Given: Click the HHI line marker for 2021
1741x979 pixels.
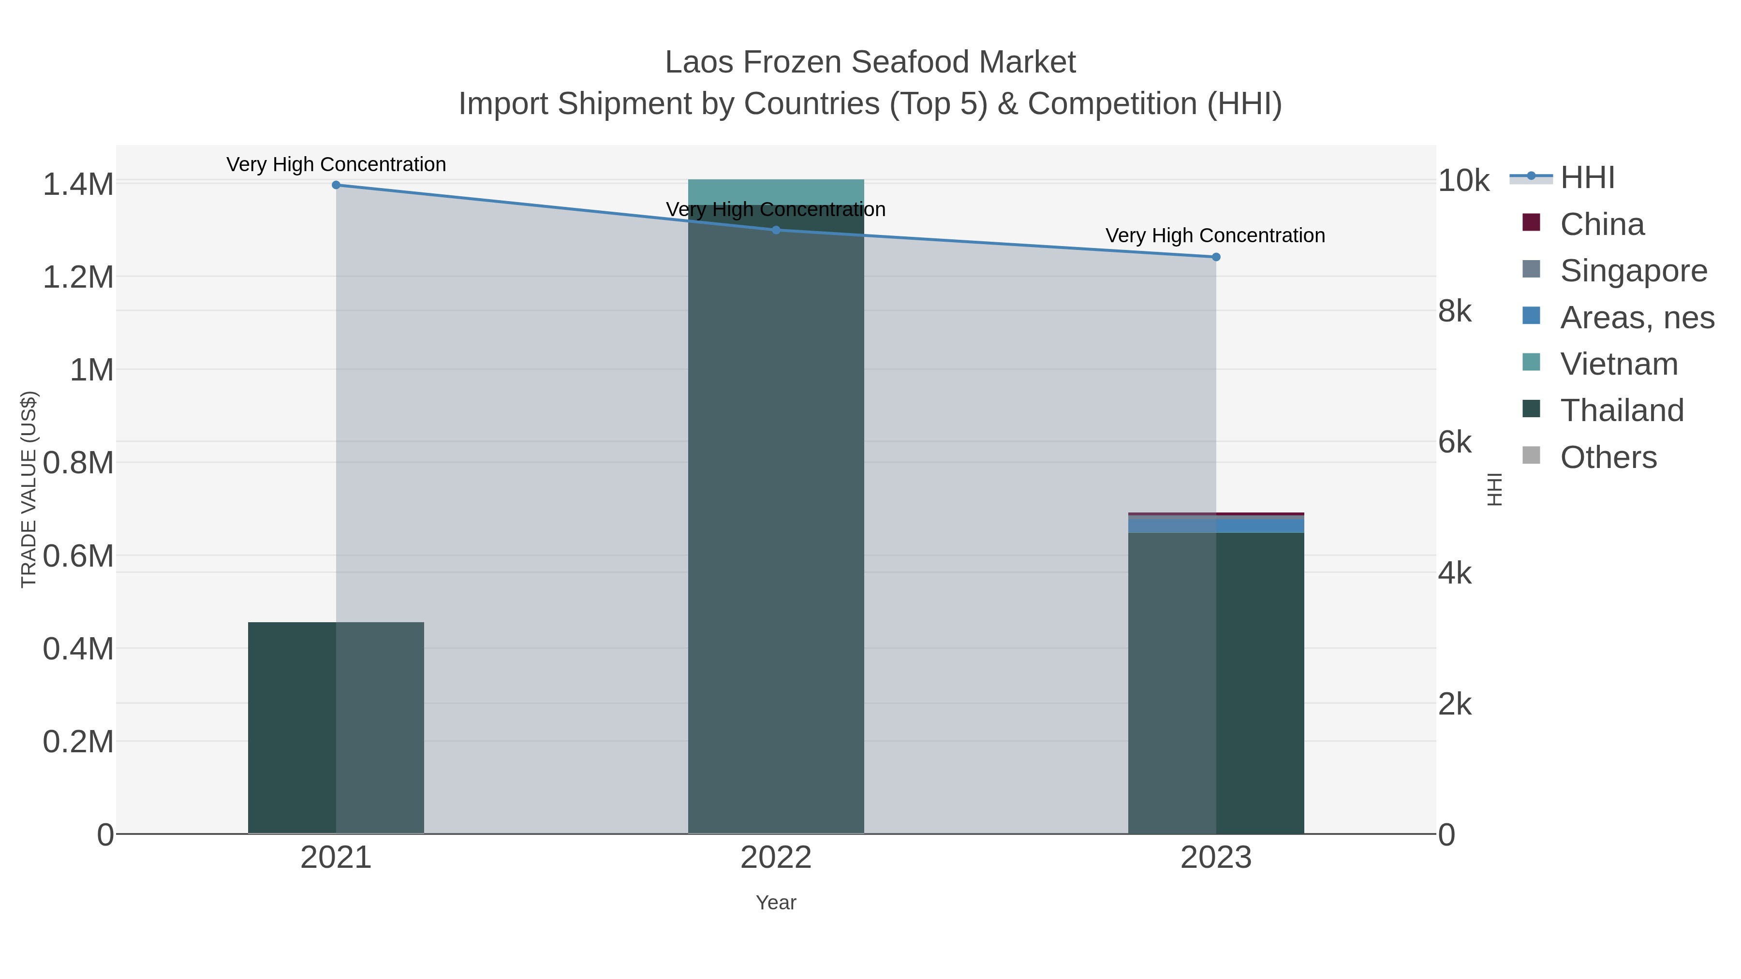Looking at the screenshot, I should (336, 185).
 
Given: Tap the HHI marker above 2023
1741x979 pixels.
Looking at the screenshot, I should (1216, 257).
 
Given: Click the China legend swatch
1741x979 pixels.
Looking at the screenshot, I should (1531, 223).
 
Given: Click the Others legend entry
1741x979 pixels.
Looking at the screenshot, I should (1608, 457).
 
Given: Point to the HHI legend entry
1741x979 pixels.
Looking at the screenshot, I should (1587, 178).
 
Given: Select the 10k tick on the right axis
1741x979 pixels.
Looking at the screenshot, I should (1463, 180).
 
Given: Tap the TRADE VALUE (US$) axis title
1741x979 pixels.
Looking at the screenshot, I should (29, 489).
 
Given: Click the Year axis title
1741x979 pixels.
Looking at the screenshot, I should (776, 903).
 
